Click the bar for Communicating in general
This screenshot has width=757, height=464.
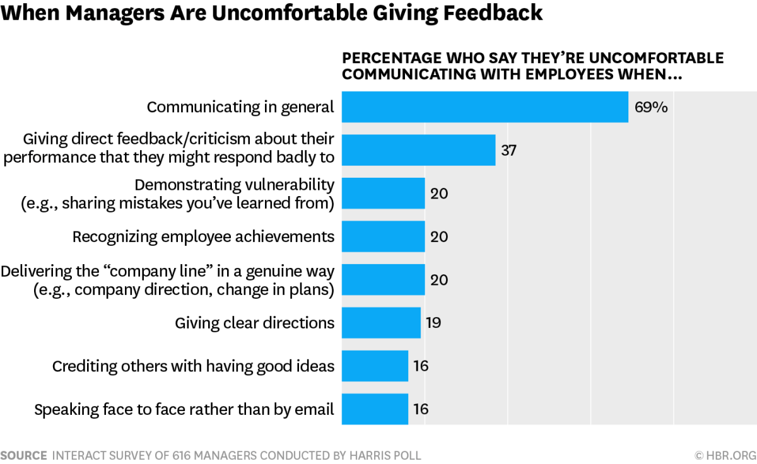[x=484, y=107]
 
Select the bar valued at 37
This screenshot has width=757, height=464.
[x=418, y=150]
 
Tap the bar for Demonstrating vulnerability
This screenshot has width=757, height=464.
[x=383, y=193]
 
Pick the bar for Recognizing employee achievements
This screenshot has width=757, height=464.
[x=383, y=236]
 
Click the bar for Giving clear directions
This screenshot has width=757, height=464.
[x=381, y=323]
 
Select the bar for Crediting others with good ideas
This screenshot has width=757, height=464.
[x=375, y=366]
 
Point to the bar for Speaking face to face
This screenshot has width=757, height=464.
[x=375, y=409]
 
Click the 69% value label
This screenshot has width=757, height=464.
[x=651, y=107]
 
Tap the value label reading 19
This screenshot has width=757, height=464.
[x=433, y=323]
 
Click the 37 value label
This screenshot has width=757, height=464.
[x=508, y=150]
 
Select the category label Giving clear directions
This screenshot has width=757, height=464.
[x=254, y=323]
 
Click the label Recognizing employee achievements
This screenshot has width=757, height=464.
[x=203, y=236]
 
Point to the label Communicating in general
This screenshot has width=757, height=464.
[x=240, y=107]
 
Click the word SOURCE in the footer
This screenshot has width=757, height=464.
[x=23, y=455]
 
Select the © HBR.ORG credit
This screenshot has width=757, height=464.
[x=725, y=455]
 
